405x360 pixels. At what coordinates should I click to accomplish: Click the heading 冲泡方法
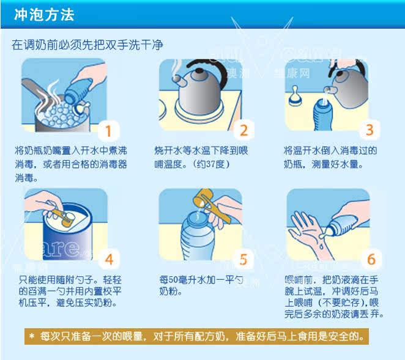44,15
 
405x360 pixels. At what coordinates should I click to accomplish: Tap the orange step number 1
108,131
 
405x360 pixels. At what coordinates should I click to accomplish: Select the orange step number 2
244,130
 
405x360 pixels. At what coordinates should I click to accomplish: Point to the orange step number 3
370,130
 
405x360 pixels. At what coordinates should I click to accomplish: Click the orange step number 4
110,259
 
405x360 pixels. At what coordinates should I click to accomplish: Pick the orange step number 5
243,259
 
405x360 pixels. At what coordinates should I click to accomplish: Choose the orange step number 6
371,259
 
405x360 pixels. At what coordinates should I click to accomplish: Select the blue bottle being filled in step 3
322,114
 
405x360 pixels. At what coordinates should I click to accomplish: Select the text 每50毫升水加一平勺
201,280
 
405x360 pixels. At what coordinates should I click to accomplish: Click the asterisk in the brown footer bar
32,336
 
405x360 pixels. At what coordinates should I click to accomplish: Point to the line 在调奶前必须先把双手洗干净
87,45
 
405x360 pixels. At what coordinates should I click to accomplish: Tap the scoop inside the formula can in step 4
63,218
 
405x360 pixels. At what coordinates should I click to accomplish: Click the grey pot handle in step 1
34,89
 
